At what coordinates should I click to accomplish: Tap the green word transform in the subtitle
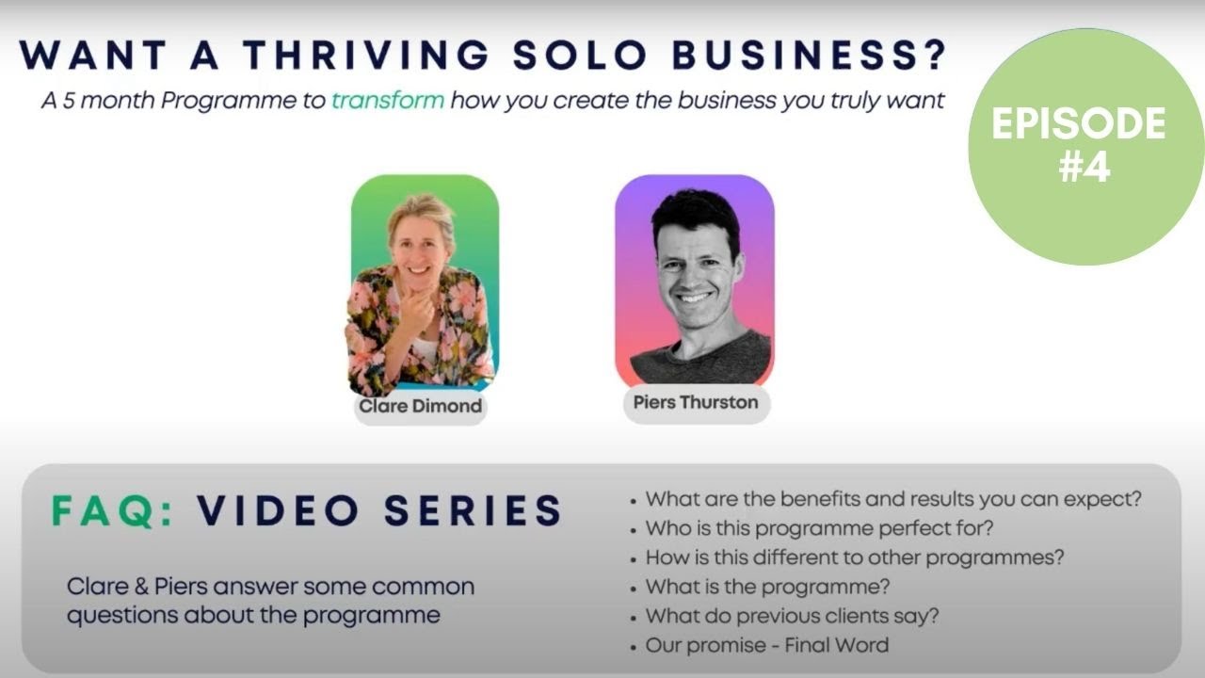tap(387, 100)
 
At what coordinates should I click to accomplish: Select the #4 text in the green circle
tap(1084, 167)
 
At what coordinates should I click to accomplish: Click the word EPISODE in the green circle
tap(1079, 123)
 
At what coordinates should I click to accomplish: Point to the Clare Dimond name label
tap(420, 407)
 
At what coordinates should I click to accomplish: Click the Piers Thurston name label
tap(696, 402)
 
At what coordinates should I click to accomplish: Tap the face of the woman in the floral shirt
tap(420, 247)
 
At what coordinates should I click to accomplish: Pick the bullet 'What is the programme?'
tap(767, 587)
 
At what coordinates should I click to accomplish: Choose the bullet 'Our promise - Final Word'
tap(766, 645)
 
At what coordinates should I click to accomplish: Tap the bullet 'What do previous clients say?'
tap(792, 616)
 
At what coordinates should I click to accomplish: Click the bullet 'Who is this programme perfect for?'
tap(819, 527)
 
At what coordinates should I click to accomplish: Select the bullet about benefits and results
tap(899, 498)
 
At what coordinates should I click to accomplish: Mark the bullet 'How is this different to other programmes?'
tap(855, 557)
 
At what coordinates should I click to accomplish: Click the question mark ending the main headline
tap(933, 56)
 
